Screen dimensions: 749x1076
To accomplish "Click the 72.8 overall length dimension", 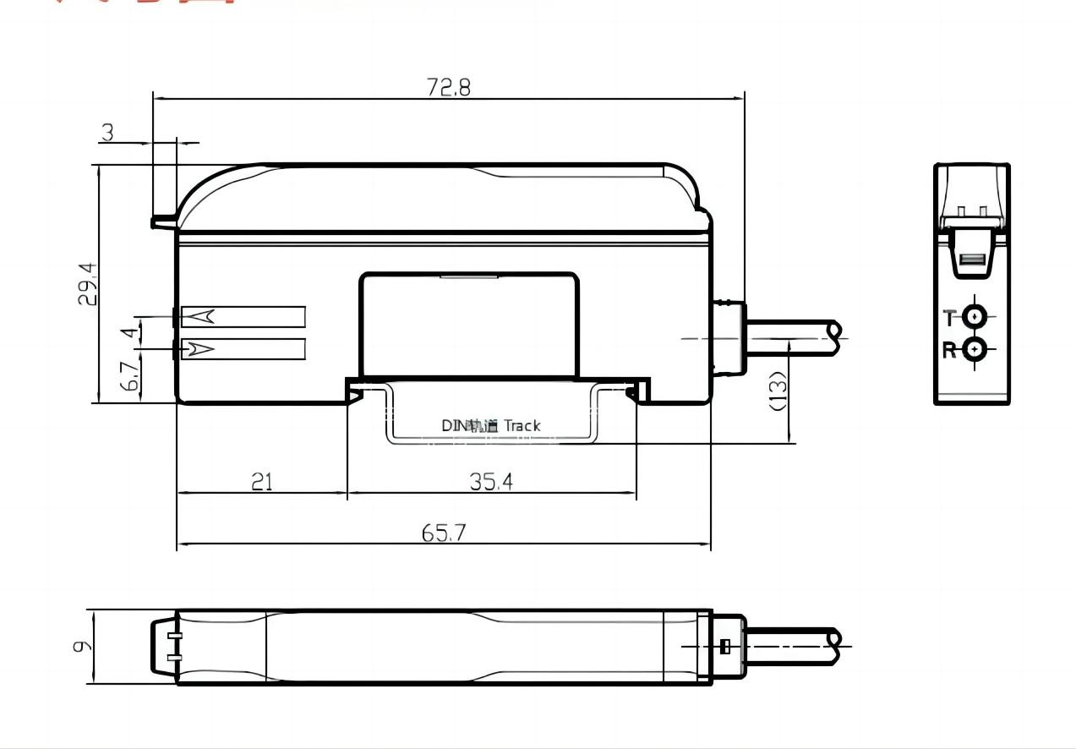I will pyautogui.click(x=448, y=87).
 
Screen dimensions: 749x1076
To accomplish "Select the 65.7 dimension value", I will pyautogui.click(x=444, y=533).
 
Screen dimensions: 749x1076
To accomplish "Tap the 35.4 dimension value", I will pyautogui.click(x=491, y=482).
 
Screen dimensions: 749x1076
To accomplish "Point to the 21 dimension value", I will pyautogui.click(x=262, y=482).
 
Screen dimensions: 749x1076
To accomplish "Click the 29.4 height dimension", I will pyautogui.click(x=88, y=284).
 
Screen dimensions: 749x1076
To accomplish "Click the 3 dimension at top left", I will pyautogui.click(x=107, y=133).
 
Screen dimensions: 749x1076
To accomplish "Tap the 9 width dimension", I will pyautogui.click(x=81, y=647).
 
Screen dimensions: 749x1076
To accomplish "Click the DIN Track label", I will pyautogui.click(x=490, y=426).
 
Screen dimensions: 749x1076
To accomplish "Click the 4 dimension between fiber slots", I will pyautogui.click(x=129, y=333).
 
